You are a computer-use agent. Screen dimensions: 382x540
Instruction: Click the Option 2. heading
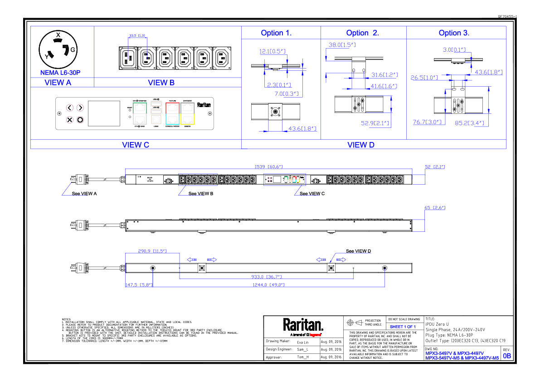[x=362, y=33]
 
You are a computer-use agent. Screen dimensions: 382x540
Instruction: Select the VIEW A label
[x=58, y=83]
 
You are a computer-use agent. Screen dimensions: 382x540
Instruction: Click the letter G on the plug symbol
[x=73, y=49]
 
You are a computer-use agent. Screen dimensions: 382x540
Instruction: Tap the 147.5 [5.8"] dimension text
[x=139, y=285]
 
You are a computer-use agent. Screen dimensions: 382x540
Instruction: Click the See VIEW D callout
[x=358, y=251]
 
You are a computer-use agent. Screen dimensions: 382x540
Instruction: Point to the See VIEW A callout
[x=85, y=193]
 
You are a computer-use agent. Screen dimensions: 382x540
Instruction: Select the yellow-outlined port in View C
[x=187, y=119]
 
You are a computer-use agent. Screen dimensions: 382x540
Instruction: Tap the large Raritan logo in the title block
[x=303, y=325]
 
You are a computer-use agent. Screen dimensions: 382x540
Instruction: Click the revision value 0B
[x=506, y=356]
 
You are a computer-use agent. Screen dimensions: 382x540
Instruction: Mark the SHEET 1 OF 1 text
[x=403, y=327]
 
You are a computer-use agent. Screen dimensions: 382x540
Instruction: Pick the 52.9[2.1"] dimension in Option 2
[x=375, y=123]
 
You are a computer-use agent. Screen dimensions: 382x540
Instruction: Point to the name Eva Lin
[x=302, y=342]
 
